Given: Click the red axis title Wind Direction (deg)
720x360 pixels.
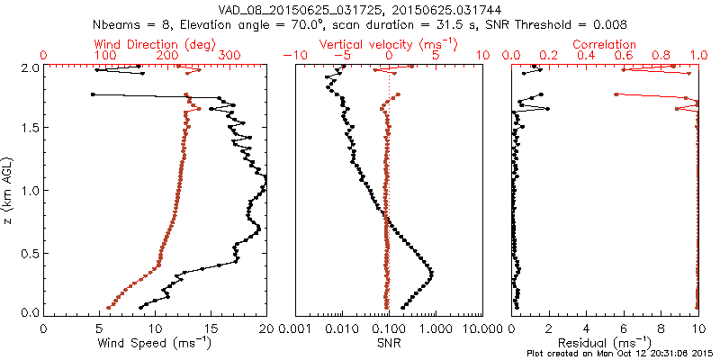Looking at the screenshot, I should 156,44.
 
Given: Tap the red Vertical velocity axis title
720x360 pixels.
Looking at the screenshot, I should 389,44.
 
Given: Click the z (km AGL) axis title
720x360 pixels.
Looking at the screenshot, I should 10,190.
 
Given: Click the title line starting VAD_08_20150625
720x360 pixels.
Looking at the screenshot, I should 360,8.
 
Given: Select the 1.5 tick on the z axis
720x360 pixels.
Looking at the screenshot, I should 31,128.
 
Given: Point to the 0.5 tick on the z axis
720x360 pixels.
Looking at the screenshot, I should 31,251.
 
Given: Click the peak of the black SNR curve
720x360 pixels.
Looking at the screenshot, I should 433,273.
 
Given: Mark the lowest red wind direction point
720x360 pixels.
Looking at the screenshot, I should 109,308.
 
